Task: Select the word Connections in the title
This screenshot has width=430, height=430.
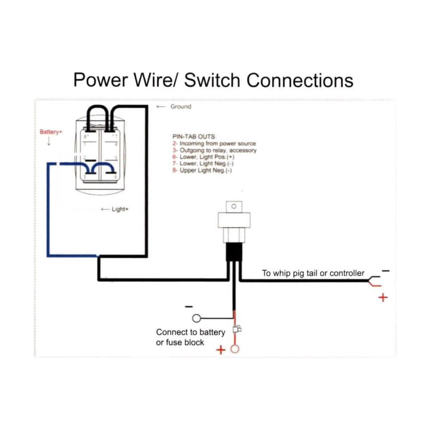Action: click(300, 80)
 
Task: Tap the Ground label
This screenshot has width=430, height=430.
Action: click(181, 106)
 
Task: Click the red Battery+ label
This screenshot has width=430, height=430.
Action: click(51, 132)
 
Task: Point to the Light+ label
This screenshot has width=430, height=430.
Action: click(120, 209)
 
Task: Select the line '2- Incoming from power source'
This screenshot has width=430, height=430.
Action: click(214, 143)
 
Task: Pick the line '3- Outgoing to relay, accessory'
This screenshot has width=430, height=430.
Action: click(214, 150)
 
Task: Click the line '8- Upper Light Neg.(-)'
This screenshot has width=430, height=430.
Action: click(202, 170)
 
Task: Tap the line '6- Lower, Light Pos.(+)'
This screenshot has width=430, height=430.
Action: click(203, 157)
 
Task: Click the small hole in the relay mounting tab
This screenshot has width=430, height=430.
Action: click(233, 206)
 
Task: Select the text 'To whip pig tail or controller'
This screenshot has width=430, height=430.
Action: click(313, 273)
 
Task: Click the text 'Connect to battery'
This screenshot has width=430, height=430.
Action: click(191, 332)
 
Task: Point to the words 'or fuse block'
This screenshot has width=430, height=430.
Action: click(180, 342)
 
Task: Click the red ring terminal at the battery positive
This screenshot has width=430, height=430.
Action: click(235, 349)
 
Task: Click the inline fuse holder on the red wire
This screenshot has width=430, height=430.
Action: click(236, 329)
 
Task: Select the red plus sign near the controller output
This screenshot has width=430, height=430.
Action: click(383, 297)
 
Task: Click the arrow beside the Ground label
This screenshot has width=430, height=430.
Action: click(161, 106)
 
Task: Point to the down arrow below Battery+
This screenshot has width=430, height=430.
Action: click(49, 142)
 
